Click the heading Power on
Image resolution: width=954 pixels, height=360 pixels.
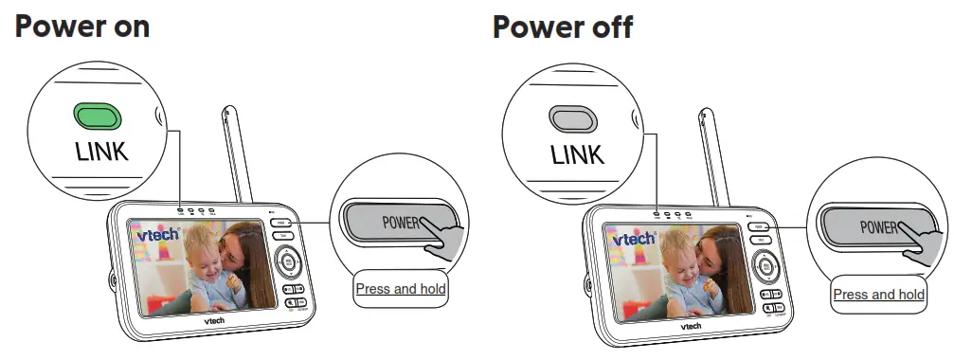pos(81,27)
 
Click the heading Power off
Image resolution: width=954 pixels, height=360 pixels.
pos(562,27)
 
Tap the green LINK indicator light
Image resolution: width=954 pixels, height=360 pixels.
pos(99,117)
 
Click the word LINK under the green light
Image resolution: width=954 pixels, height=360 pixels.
pos(101,152)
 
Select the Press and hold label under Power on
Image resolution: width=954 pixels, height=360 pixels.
pos(401,288)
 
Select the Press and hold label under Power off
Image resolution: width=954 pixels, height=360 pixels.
pos(878,295)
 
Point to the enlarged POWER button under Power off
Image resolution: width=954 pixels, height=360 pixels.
pos(872,228)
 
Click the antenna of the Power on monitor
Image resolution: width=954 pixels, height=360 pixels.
pos(238,156)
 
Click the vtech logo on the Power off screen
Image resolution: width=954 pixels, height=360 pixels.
pos(632,240)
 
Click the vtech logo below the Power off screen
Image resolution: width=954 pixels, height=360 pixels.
pos(692,325)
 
